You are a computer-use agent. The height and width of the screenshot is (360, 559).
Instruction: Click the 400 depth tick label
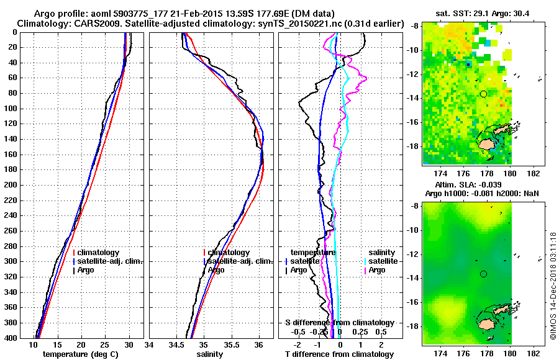pyautogui.click(x=13, y=338)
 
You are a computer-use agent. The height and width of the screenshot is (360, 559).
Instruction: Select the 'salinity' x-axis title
pyautogui.click(x=211, y=354)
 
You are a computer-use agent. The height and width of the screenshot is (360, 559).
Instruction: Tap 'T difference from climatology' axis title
pyautogui.click(x=339, y=354)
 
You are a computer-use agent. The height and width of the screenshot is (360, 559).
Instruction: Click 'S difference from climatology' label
pyautogui.click(x=339, y=323)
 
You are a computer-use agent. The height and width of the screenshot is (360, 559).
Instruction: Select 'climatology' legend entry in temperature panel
pyautogui.click(x=99, y=253)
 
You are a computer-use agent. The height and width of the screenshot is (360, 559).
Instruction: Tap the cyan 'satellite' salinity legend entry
pyautogui.click(x=378, y=261)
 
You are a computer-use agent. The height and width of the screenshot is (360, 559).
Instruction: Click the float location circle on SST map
pyautogui.click(x=483, y=94)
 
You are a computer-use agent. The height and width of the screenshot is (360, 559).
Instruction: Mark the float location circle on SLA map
pyautogui.click(x=483, y=274)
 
